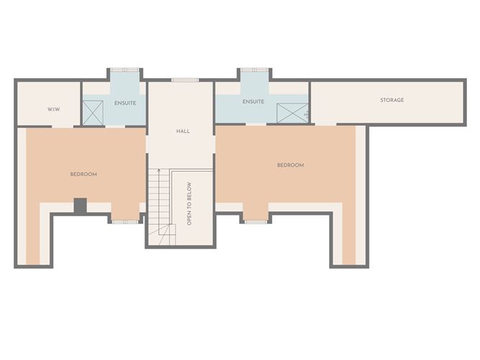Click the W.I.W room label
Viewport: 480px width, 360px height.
pos(54,109)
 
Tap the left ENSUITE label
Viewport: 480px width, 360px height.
pos(125,103)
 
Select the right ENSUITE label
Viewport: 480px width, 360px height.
pos(253,101)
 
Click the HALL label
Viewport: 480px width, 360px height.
pos(183,131)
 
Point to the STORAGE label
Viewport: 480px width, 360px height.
pos(392,100)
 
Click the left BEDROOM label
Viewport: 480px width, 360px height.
pos(83,174)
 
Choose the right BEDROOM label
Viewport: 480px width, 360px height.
pos(290,165)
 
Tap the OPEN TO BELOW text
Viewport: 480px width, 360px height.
pos(189,204)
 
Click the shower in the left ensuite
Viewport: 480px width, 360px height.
pos(93,113)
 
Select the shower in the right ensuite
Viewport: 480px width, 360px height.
pos(292,114)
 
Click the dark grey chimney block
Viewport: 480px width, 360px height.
pos(80,206)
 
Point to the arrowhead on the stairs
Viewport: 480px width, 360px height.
pos(159,170)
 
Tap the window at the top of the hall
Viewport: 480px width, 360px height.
pos(185,80)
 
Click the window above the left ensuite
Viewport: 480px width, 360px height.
pos(124,70)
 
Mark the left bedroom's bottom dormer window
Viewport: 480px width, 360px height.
pos(125,221)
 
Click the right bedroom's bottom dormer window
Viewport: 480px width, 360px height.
pos(256,221)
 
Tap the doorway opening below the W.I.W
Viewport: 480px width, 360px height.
pos(63,126)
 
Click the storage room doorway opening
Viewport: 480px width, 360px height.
pos(326,124)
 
